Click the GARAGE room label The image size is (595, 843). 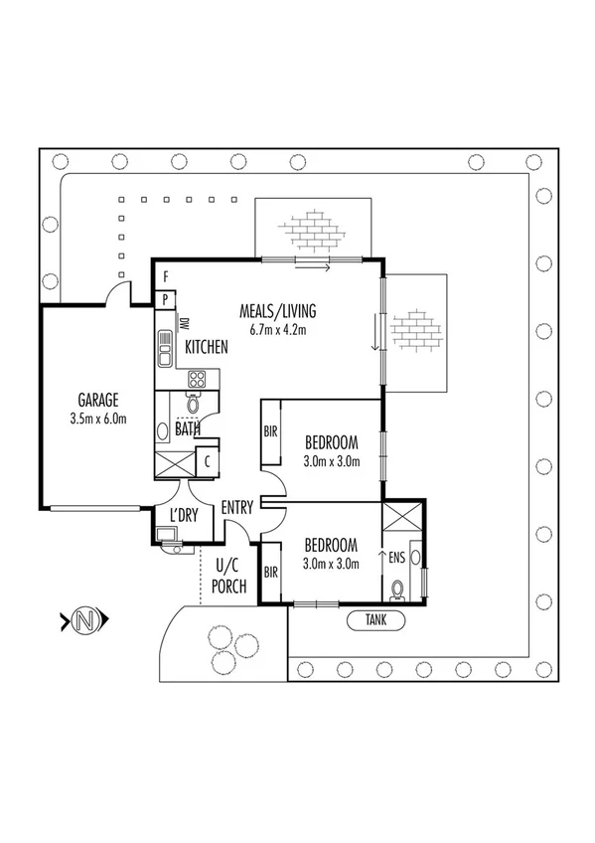point(95,401)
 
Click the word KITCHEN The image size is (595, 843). point(207,348)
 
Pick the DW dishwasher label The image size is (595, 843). point(184,324)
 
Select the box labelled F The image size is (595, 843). point(166,275)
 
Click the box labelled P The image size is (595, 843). point(166,299)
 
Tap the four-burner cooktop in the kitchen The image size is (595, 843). point(197,379)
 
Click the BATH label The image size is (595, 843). point(188,429)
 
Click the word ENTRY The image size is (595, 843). point(238,507)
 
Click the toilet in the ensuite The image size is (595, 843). point(399,590)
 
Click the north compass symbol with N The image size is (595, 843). point(85,622)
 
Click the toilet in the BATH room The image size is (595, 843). point(193,404)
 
